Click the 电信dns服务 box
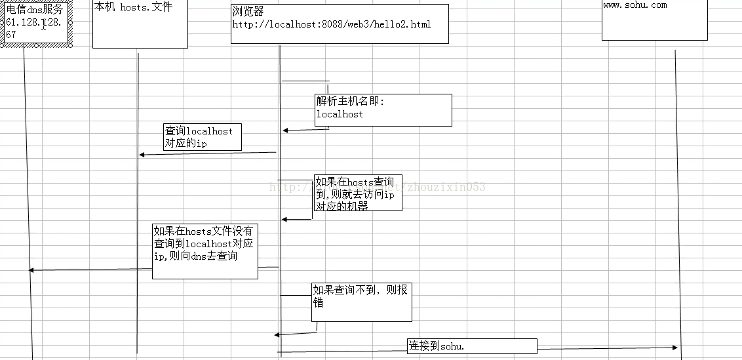(x=37, y=23)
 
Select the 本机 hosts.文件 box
(x=140, y=24)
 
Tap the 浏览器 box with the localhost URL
(x=340, y=24)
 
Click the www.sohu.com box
(x=654, y=20)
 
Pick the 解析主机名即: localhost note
(x=383, y=110)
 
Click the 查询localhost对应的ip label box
(x=203, y=137)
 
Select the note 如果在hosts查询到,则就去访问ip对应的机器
(x=358, y=193)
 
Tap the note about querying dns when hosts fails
(x=205, y=251)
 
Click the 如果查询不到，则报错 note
(x=361, y=302)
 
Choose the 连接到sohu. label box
(x=472, y=346)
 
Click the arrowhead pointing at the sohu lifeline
(x=674, y=348)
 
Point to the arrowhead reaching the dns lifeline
(x=31, y=270)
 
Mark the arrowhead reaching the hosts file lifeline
(x=142, y=155)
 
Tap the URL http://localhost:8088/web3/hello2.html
(x=331, y=25)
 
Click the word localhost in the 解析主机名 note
(x=340, y=114)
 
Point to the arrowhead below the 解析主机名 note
(x=285, y=130)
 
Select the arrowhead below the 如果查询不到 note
(x=277, y=334)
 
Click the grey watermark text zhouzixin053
(x=446, y=187)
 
